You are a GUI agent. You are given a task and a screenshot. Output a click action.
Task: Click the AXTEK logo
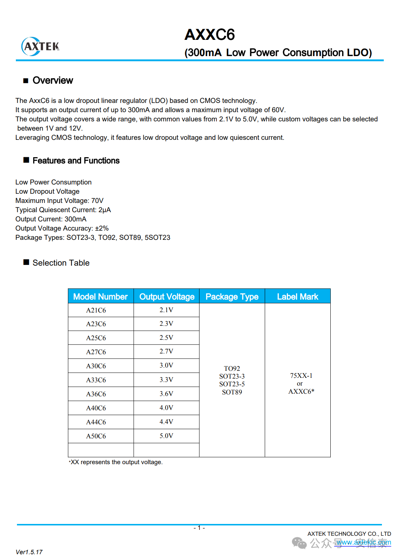[x=41, y=46]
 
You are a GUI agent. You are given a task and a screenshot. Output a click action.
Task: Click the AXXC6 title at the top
[x=209, y=35]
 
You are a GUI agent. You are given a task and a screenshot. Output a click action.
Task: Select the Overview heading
[x=53, y=80]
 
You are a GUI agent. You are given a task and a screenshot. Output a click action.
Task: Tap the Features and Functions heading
[x=76, y=161]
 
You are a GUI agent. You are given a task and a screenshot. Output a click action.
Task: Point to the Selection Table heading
[x=61, y=263]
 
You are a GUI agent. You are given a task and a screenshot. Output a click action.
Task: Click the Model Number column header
[x=100, y=297]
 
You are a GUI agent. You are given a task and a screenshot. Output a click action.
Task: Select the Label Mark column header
[x=298, y=297]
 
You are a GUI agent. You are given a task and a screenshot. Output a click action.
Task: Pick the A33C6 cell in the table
[x=96, y=380]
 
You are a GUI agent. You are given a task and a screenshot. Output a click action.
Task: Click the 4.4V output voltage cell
[x=166, y=422]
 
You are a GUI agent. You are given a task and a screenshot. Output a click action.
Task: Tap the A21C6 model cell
[x=96, y=310]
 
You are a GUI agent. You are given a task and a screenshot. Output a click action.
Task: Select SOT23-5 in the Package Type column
[x=232, y=384]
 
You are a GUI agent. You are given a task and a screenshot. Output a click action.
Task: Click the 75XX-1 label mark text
[x=301, y=376]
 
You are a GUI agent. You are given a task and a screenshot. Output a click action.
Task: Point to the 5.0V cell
[x=166, y=436]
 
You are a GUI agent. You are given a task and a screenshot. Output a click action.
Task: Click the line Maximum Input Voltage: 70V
[x=59, y=201]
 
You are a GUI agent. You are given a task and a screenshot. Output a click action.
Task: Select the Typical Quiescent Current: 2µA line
[x=63, y=210]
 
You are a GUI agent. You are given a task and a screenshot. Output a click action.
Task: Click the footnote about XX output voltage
[x=116, y=462]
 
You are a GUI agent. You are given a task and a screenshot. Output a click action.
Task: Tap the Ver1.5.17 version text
[x=29, y=552]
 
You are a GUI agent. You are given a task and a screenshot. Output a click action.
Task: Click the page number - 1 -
[x=199, y=528]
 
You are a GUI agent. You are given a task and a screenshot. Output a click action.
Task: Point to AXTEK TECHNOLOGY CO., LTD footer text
[x=349, y=534]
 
